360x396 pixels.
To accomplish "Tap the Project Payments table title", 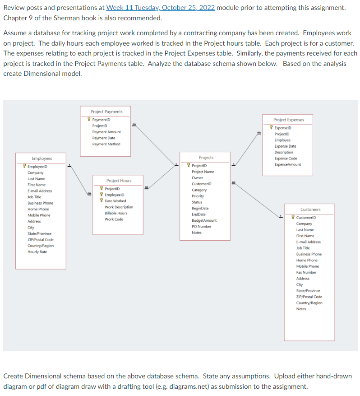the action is [x=106, y=112].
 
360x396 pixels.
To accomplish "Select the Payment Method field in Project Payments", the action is [x=106, y=144].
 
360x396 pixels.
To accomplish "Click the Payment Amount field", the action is [x=106, y=132].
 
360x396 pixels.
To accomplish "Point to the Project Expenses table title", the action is [x=289, y=120].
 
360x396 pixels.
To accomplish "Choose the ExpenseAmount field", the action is [x=288, y=164].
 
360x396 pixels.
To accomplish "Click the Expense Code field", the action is [x=286, y=158].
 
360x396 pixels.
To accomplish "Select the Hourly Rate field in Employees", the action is [x=37, y=252].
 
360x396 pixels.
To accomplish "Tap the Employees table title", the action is [x=42, y=158].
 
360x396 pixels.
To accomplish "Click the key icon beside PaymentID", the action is [x=89, y=120].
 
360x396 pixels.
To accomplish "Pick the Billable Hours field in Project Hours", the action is [x=116, y=213].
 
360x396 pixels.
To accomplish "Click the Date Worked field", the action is [x=115, y=201].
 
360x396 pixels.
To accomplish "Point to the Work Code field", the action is [x=114, y=219].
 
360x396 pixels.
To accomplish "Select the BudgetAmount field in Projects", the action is [x=204, y=220].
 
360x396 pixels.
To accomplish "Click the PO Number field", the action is [x=202, y=226].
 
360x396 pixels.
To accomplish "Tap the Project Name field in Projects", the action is [x=203, y=172].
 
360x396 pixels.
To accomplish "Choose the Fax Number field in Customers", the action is [x=306, y=272].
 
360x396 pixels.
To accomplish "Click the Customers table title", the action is [x=310, y=210].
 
